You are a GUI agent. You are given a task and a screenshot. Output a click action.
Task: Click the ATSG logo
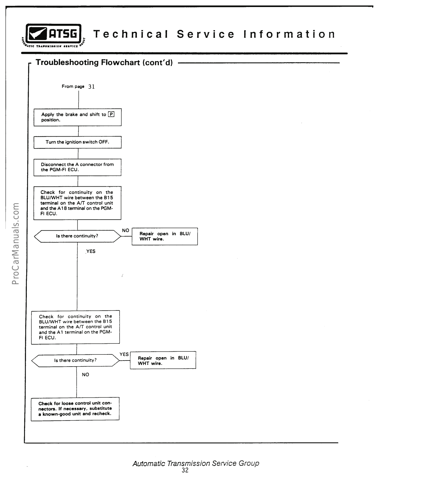54,35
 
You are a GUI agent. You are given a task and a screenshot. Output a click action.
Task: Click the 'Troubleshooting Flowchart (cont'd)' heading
104,63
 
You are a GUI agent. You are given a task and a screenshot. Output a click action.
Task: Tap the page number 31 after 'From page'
91,87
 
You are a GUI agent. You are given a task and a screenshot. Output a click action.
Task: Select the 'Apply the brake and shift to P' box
77,117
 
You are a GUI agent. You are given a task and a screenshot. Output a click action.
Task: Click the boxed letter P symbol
111,115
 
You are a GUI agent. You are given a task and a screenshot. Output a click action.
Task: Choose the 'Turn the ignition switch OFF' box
77,142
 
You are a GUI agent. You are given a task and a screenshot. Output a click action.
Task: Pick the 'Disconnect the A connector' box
77,167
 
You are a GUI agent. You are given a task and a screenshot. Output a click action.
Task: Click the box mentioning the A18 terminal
77,203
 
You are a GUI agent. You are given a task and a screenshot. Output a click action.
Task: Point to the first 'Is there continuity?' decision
77,236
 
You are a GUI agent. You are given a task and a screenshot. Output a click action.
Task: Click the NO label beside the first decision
125,231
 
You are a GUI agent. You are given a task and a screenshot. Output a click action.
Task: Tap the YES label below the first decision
91,251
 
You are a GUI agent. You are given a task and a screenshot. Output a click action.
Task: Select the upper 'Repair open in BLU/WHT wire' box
165,236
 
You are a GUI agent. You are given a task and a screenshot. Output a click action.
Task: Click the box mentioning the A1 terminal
75,327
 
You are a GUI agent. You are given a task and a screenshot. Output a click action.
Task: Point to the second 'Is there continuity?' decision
75,361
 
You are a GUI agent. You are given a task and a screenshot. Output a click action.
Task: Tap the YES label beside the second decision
124,354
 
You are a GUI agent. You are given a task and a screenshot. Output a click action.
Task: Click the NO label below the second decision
85,375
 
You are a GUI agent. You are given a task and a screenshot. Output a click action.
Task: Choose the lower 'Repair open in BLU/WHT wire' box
163,361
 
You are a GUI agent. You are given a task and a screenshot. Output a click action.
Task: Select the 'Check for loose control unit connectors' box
75,409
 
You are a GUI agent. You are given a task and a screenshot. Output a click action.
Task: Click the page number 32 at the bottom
185,470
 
